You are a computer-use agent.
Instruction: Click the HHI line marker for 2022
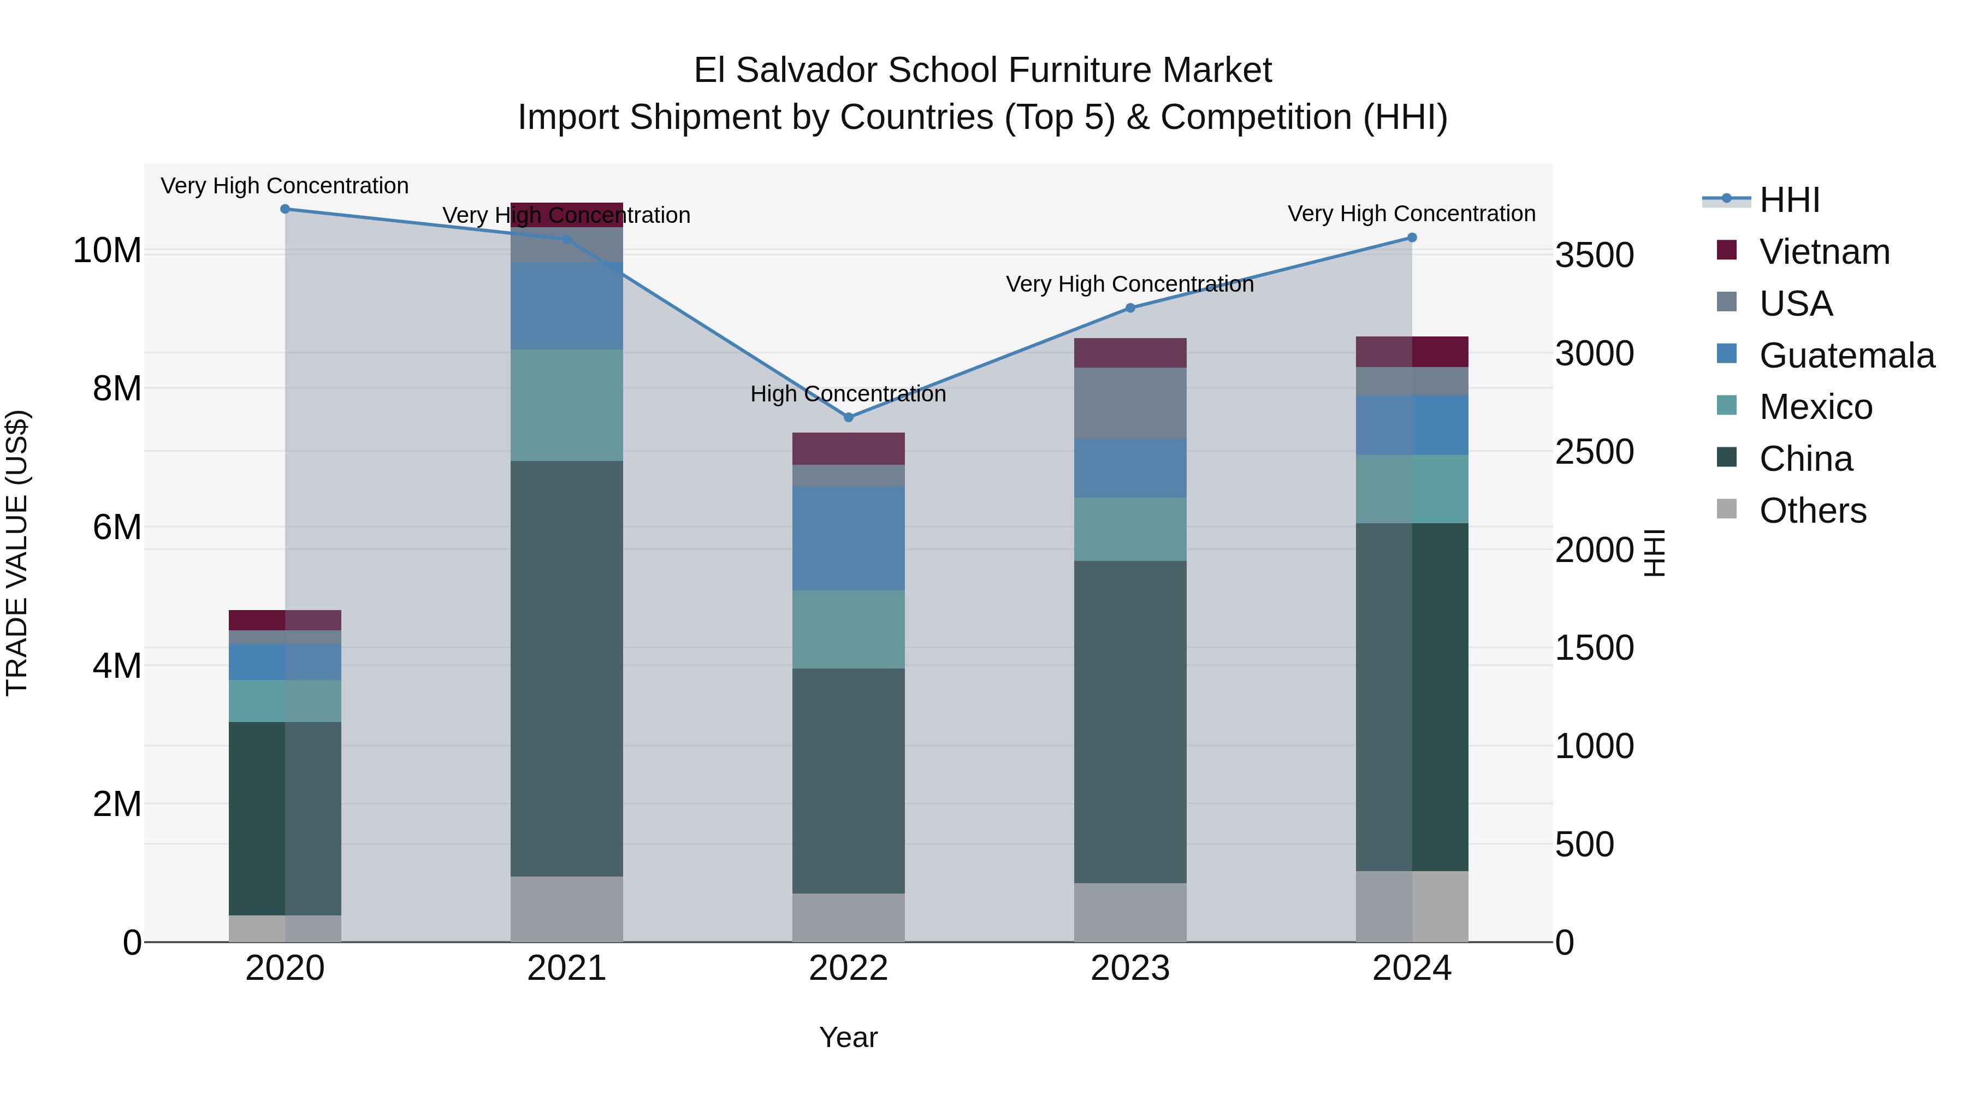click(848, 417)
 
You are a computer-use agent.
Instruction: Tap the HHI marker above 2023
click(1130, 309)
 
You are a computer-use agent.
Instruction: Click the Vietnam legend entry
click(1824, 252)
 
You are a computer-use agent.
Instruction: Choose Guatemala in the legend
click(1846, 356)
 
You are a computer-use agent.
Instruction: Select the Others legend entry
click(1813, 511)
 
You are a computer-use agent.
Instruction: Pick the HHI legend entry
click(1789, 200)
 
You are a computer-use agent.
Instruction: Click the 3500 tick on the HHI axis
click(1594, 255)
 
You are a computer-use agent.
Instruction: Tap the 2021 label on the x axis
click(566, 968)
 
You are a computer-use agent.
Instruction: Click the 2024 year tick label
click(1411, 968)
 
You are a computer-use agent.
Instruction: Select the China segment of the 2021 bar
click(566, 668)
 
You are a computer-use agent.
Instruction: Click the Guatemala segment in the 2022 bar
click(848, 538)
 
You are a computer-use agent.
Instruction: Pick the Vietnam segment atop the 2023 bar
click(1130, 353)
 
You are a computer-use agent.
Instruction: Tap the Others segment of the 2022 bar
click(848, 918)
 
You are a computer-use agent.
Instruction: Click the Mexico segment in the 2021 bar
click(566, 405)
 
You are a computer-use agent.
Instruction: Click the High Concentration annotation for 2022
click(848, 394)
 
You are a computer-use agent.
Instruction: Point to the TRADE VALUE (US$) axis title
click(17, 553)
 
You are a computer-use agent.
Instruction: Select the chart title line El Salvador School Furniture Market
click(982, 70)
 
